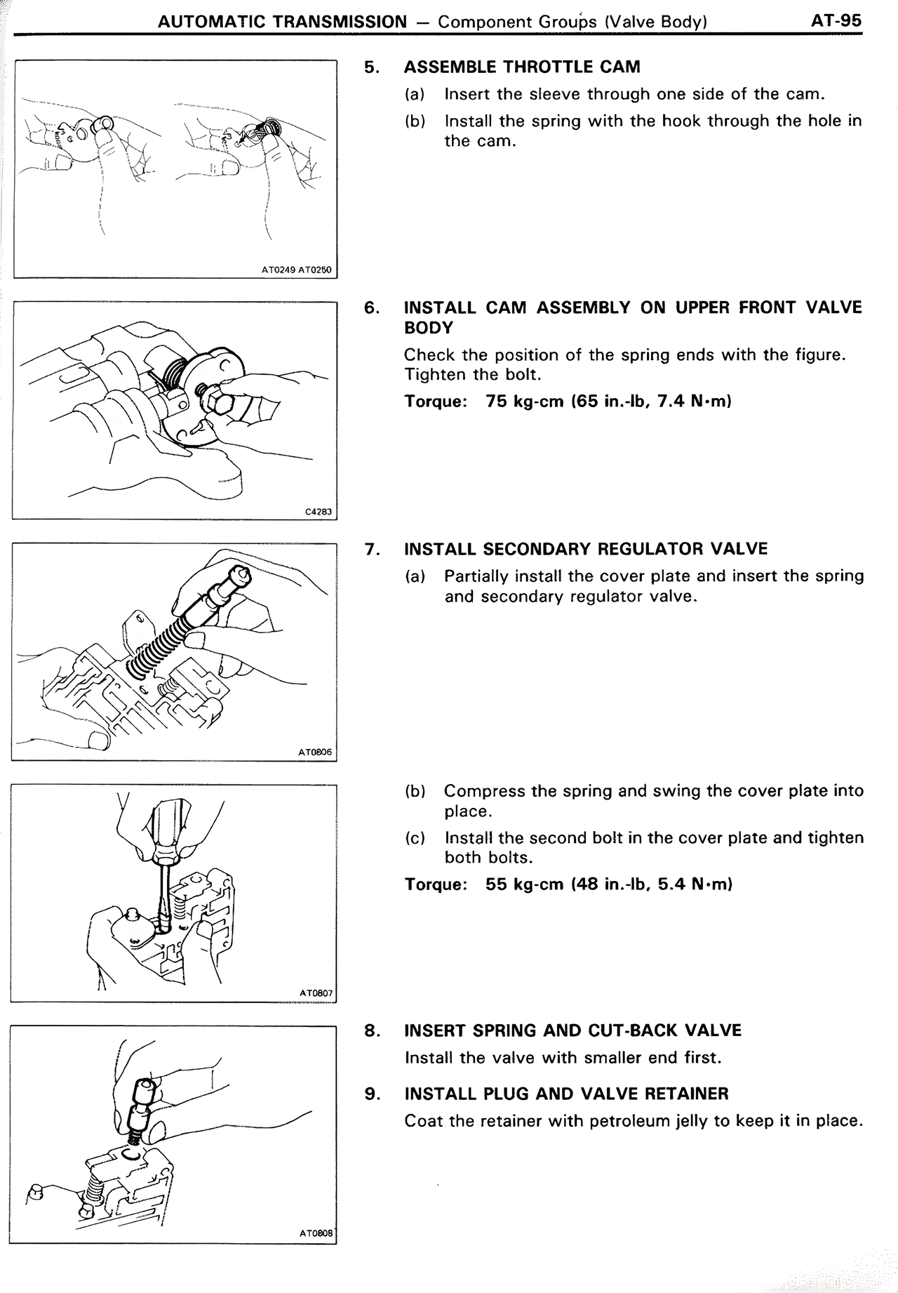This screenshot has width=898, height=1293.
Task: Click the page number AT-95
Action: point(836,20)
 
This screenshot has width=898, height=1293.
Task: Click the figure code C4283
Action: point(318,512)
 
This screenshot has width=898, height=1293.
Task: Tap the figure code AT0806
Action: point(314,752)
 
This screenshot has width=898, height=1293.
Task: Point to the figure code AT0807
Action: point(316,993)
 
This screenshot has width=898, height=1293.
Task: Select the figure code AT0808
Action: point(315,1233)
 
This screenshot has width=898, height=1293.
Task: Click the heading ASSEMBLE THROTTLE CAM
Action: point(522,67)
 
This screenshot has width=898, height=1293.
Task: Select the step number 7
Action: point(373,549)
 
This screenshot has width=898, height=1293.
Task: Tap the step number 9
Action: point(373,1094)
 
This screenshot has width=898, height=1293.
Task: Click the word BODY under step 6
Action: point(428,328)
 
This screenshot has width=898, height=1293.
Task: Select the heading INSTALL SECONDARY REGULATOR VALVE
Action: point(586,549)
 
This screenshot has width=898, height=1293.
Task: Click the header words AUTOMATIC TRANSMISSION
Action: point(282,22)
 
